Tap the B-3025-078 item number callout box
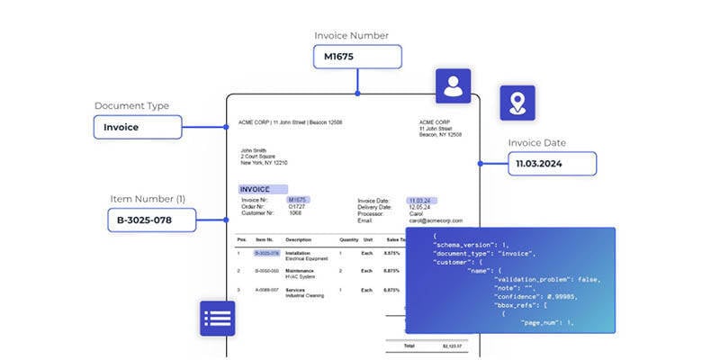[x=151, y=220]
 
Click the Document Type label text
[x=131, y=106]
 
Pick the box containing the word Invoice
[x=138, y=127]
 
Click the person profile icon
[x=452, y=86]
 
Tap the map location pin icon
[x=517, y=103]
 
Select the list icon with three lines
[x=218, y=319]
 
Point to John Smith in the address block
[x=254, y=150]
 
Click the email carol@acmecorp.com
[x=436, y=220]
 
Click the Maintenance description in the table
[x=300, y=269]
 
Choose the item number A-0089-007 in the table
[x=267, y=290]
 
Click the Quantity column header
[x=349, y=239]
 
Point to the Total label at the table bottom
[x=409, y=346]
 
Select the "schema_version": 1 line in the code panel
[x=472, y=245]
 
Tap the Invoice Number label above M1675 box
[x=351, y=35]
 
